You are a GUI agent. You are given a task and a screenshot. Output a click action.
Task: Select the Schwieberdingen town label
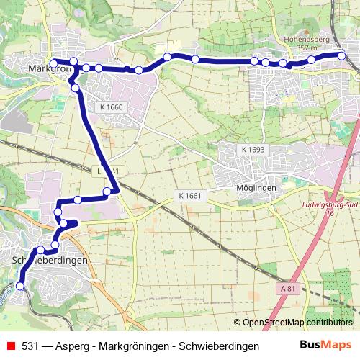click(50, 259)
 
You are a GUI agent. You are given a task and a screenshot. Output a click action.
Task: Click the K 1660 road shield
click(112, 107)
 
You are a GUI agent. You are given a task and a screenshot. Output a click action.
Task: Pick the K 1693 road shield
click(253, 150)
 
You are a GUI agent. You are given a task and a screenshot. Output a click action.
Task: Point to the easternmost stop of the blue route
click(342, 55)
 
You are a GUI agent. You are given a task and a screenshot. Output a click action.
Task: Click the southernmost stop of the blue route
click(20, 286)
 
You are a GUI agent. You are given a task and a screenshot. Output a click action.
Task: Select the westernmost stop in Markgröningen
click(53, 62)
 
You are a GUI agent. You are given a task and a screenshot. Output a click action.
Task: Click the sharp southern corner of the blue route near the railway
click(115, 189)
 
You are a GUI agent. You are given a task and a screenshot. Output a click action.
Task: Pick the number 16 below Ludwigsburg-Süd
click(330, 213)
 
